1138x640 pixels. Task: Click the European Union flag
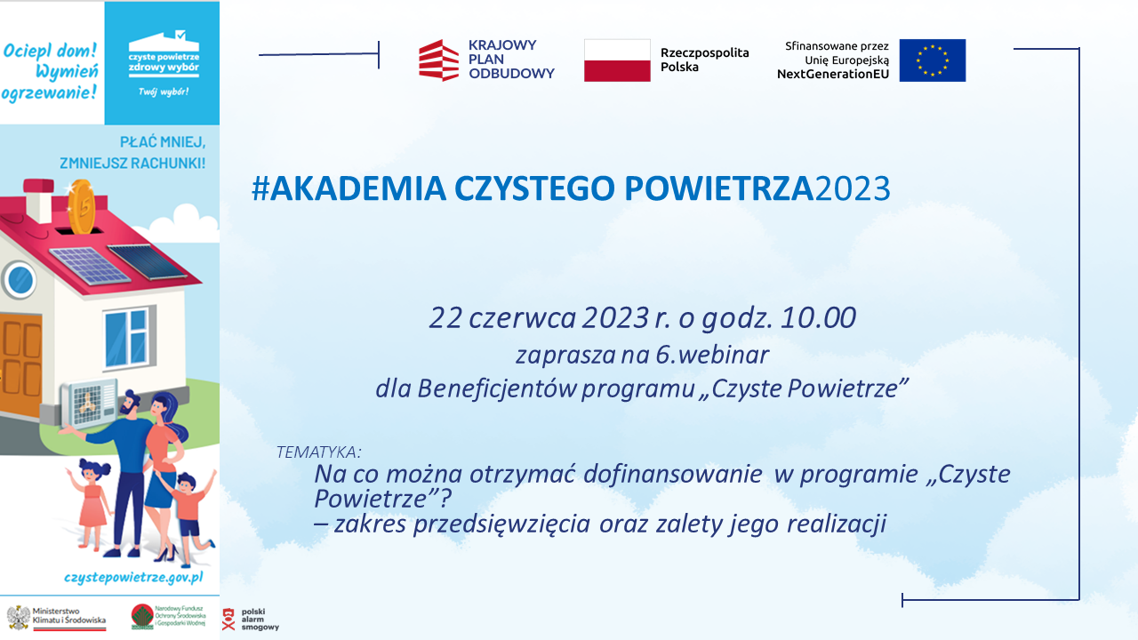(x=932, y=60)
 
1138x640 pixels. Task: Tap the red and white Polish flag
(x=617, y=60)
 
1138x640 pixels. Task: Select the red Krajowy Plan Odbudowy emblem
(x=438, y=60)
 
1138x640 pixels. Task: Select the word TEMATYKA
(x=319, y=452)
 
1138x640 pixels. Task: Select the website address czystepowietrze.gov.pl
(x=133, y=577)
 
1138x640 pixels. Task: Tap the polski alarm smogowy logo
(x=250, y=619)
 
